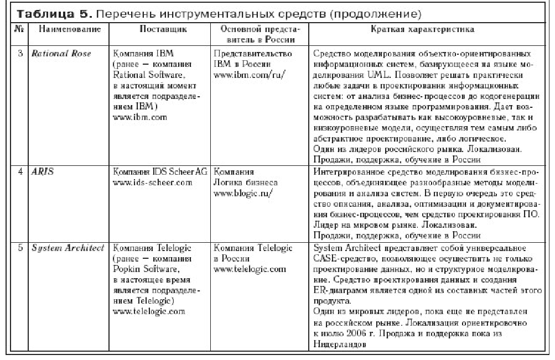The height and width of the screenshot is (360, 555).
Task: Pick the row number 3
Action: click(x=20, y=54)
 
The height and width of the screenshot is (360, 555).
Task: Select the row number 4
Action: click(x=20, y=172)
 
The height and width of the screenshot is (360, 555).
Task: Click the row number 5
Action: click(x=20, y=248)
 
